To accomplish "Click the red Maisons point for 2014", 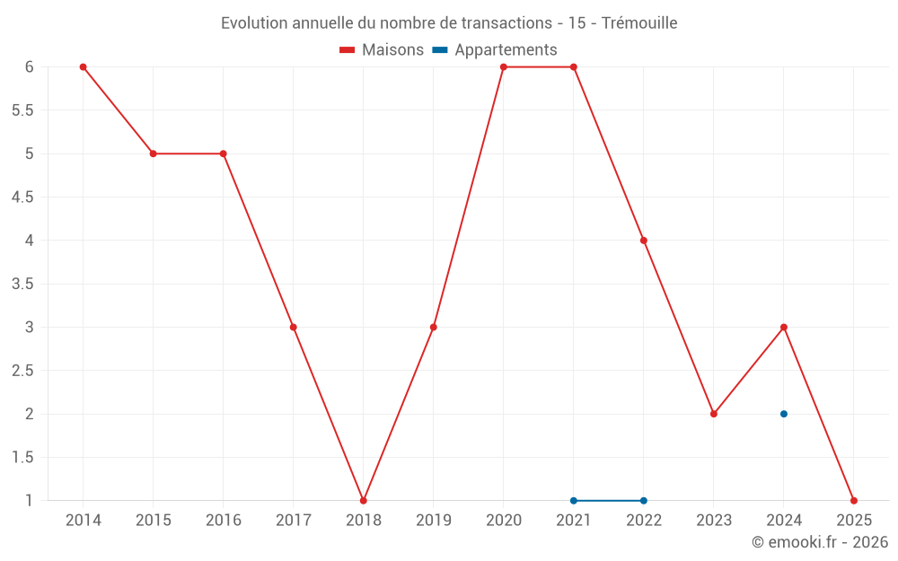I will (83, 67).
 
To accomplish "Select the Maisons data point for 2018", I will (364, 501).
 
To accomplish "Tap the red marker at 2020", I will (504, 67).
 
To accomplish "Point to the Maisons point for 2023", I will (714, 414).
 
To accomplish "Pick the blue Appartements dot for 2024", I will (784, 414).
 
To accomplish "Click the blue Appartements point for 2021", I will (574, 501).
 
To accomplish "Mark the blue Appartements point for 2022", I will (644, 501).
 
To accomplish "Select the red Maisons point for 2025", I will (854, 501).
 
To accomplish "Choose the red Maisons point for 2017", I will (294, 328).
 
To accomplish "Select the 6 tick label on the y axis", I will (30, 67).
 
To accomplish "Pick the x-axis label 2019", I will (434, 521).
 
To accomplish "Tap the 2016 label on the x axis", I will (224, 521).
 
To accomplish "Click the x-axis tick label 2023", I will (714, 521).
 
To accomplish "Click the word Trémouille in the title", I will (639, 23).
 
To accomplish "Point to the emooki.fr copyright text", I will (820, 542).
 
